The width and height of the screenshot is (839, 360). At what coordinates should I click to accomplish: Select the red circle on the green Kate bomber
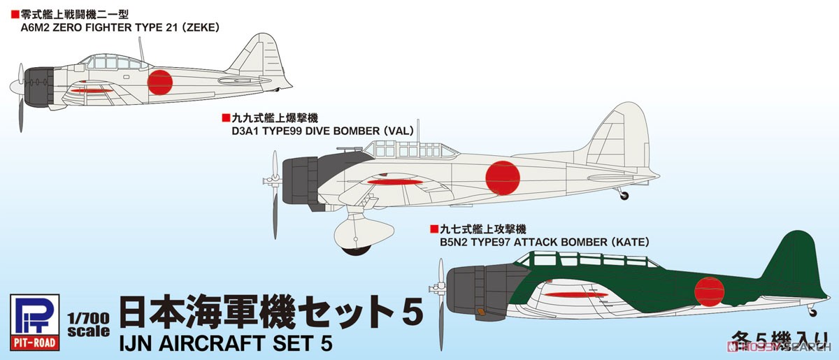708,286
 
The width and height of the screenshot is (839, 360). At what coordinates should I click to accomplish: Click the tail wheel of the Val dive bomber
624,196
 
